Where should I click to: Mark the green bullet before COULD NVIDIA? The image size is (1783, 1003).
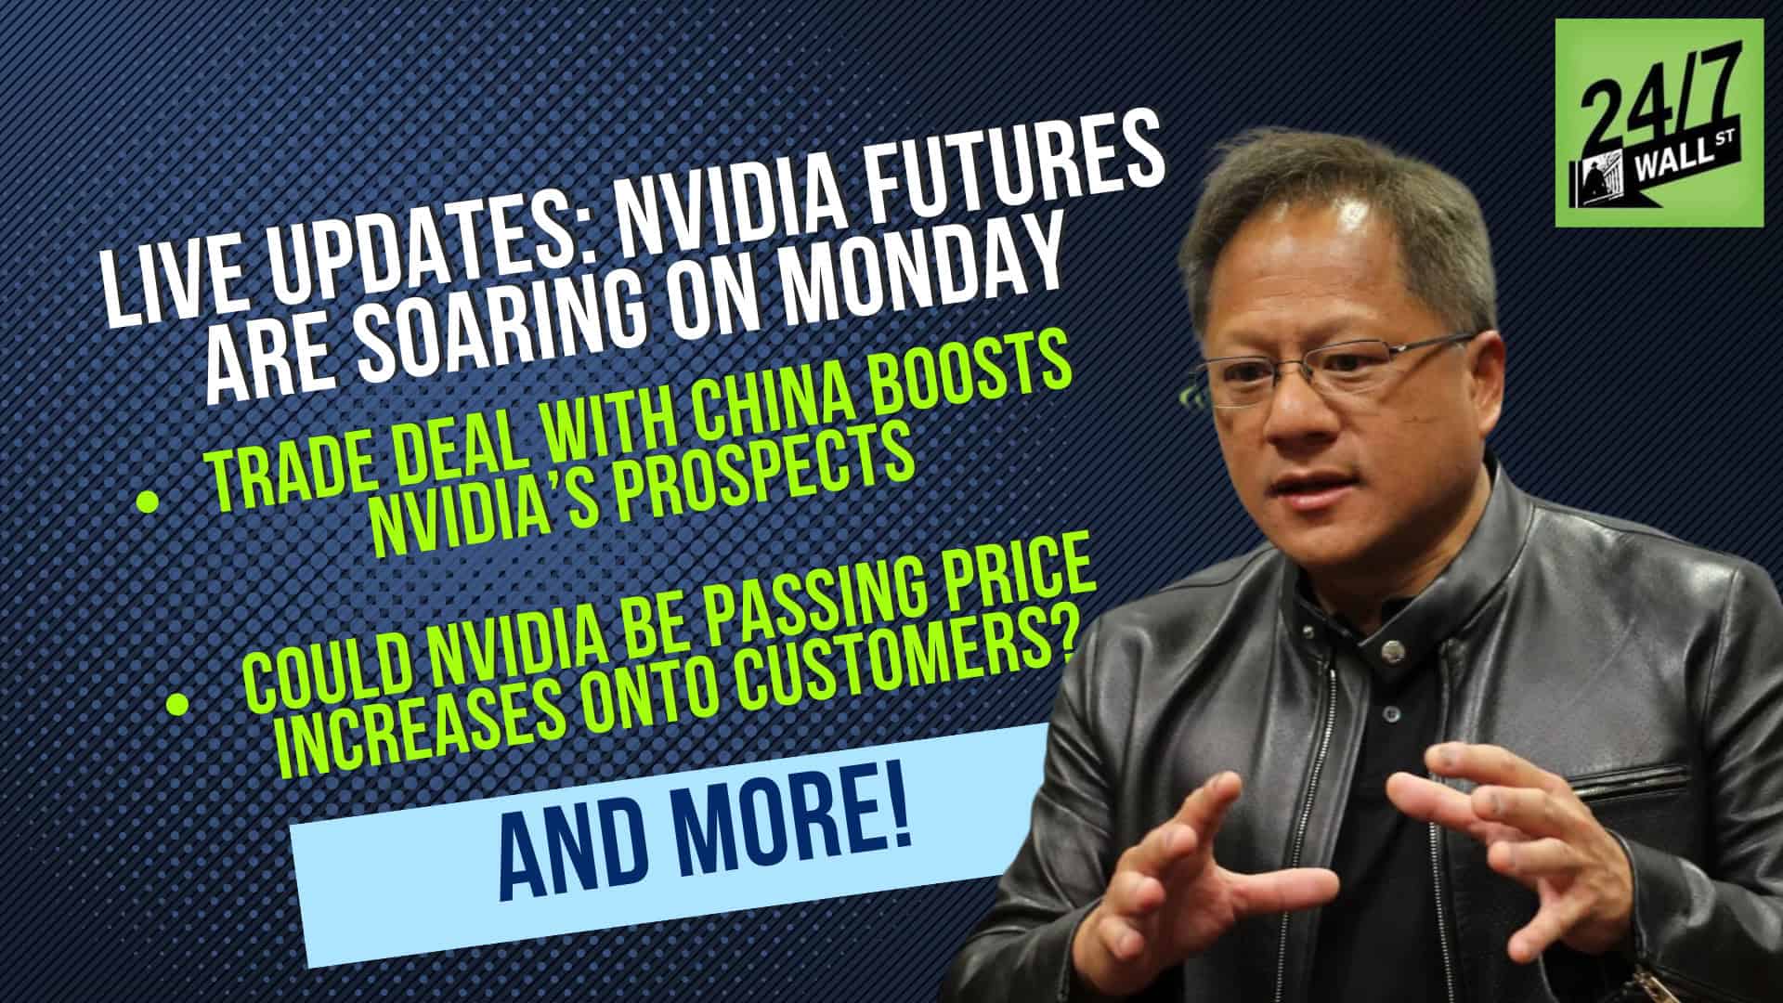click(x=175, y=706)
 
